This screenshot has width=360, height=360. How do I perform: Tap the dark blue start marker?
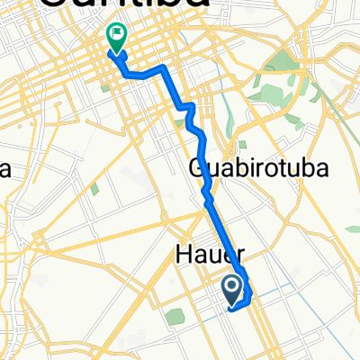[x=231, y=288]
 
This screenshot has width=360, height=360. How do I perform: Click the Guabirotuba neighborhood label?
[x=257, y=168]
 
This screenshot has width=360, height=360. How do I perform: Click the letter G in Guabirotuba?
[x=199, y=168]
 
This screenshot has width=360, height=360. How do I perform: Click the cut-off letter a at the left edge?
[x=4, y=169]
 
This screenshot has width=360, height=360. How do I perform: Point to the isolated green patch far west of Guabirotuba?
[x=94, y=189]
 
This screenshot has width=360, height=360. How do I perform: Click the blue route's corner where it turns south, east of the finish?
[x=163, y=69]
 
